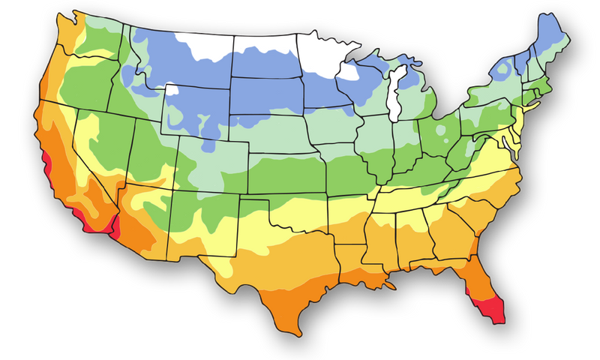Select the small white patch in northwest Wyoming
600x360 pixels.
click(172, 90)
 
